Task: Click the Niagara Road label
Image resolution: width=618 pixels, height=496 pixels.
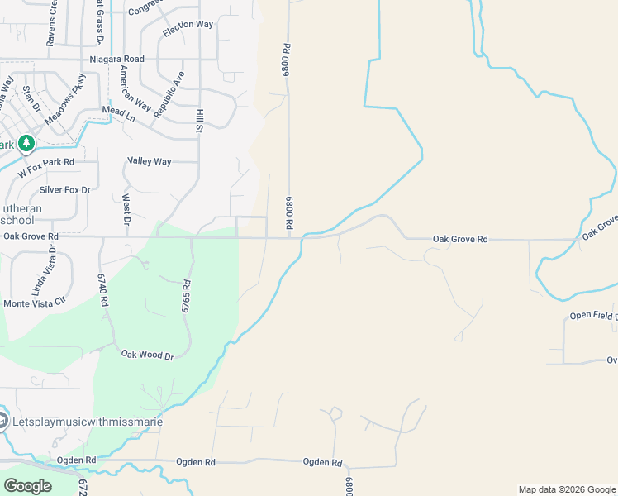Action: click(x=116, y=60)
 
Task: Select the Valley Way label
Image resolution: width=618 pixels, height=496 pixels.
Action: click(x=150, y=161)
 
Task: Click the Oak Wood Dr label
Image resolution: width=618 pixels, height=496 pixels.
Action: click(x=148, y=355)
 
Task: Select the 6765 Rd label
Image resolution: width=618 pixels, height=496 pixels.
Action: click(x=187, y=295)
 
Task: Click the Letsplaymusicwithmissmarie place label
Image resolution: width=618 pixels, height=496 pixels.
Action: click(x=88, y=422)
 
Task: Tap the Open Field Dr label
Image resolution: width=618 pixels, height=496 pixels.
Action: click(x=593, y=316)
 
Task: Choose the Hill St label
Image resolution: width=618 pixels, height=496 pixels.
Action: click(x=199, y=121)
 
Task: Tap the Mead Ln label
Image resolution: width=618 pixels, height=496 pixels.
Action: click(x=118, y=112)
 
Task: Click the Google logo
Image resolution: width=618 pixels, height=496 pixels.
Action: click(x=28, y=486)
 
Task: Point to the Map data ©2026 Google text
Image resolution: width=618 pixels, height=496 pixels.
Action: click(x=566, y=489)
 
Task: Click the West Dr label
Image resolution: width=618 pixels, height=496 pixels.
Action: click(x=126, y=209)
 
